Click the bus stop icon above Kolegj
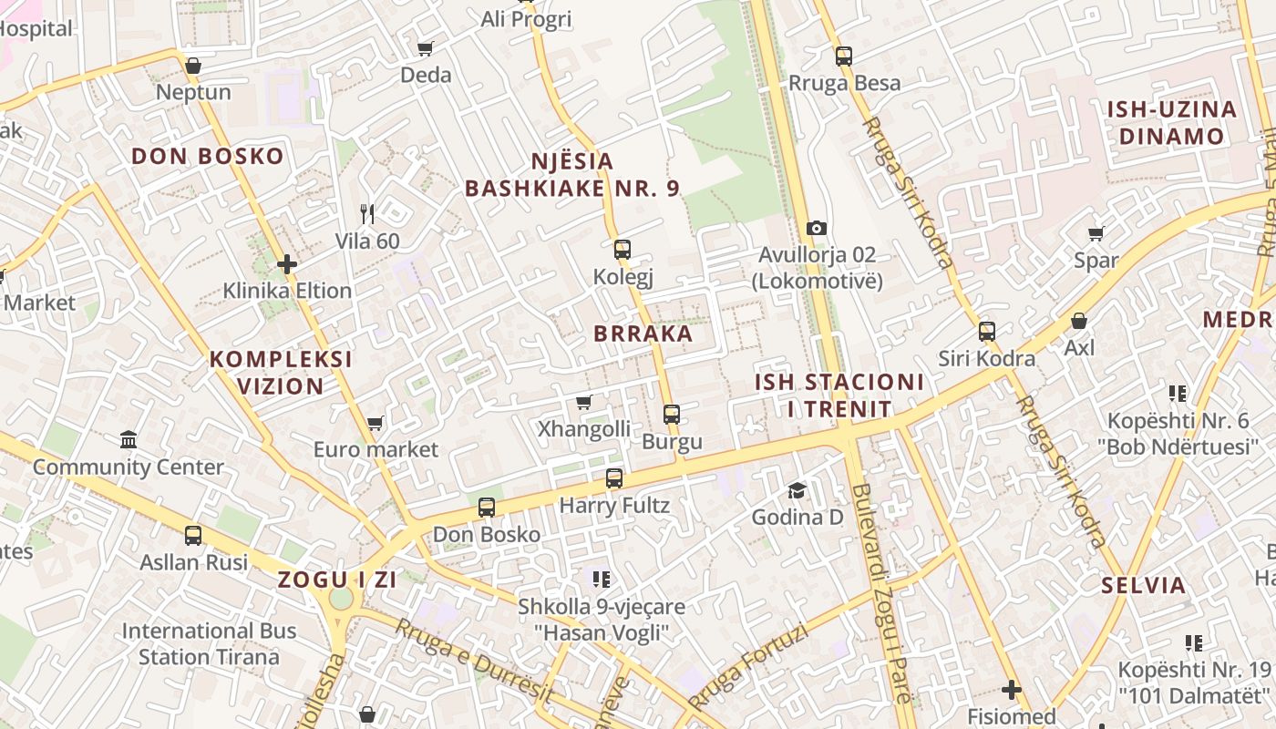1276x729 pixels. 623,249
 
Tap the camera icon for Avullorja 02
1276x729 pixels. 817,228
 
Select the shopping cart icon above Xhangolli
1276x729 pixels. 584,402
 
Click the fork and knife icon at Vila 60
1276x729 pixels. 367,214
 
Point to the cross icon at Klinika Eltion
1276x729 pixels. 287,264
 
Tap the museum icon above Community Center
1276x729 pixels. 129,440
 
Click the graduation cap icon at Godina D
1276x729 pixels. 797,490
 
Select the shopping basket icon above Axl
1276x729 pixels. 1079,321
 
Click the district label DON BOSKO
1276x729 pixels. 208,156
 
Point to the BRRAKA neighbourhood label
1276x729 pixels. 643,334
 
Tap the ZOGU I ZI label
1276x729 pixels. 337,580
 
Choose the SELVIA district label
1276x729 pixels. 1143,585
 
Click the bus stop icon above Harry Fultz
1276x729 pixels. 614,477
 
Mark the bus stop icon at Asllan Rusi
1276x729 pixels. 193,535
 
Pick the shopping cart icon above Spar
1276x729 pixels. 1096,233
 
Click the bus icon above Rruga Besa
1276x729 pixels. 844,56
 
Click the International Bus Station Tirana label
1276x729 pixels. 210,643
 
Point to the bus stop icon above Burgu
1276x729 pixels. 672,415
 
